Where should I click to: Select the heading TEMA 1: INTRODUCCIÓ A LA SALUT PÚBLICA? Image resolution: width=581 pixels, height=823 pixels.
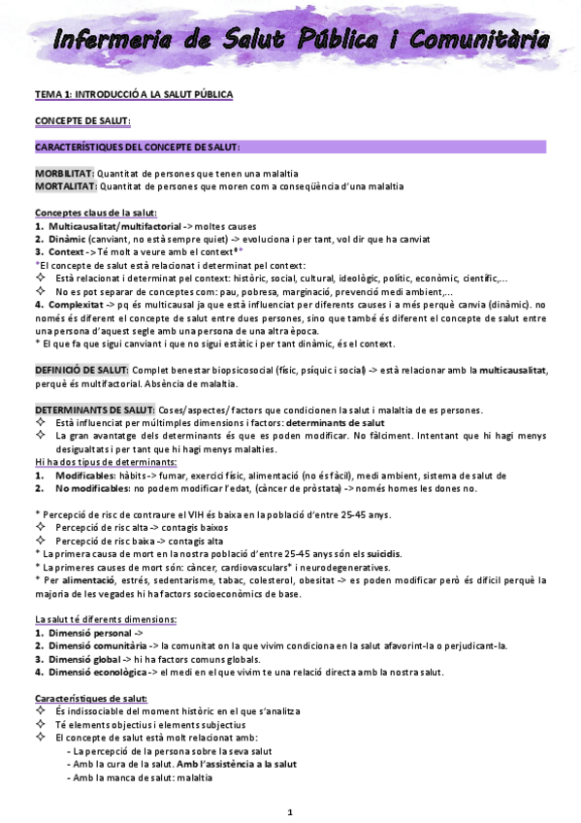(134, 94)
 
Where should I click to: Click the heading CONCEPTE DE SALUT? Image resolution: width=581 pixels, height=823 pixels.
(81, 120)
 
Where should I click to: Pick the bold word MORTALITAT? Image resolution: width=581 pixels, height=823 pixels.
(65, 185)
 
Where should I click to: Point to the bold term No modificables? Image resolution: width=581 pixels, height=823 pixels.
(93, 489)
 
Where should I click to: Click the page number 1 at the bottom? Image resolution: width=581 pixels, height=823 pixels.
(291, 811)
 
